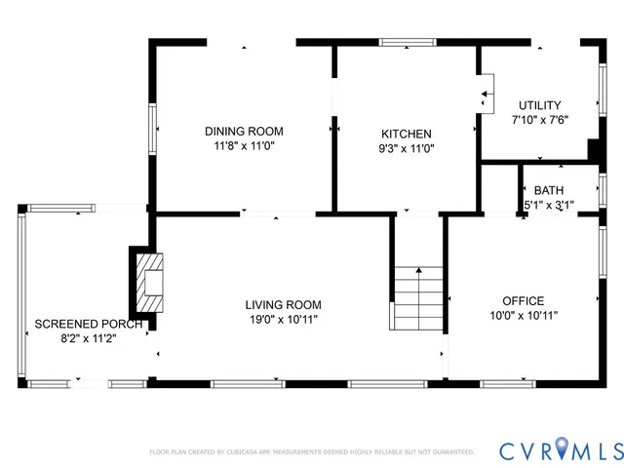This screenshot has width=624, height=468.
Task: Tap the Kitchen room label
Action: pos(407,134)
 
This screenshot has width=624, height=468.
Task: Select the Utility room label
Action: pos(539,104)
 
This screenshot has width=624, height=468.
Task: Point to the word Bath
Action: pos(549,190)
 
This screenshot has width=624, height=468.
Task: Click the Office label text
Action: pos(523,301)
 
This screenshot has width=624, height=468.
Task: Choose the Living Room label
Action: pos(283,304)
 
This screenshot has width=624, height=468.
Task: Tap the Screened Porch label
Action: pos(89,324)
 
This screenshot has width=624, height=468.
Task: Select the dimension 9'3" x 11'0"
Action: pos(407,149)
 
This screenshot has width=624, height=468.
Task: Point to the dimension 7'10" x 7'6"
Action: pos(539,120)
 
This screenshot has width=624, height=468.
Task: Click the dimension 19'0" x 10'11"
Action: pos(283,319)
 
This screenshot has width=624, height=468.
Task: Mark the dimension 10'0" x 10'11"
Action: pos(523,316)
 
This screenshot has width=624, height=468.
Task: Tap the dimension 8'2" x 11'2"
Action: pos(89,338)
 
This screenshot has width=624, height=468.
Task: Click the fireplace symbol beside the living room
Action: pos(148,280)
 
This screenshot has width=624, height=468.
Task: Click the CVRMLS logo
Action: pos(561,450)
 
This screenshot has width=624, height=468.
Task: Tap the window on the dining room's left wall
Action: pos(151,127)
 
